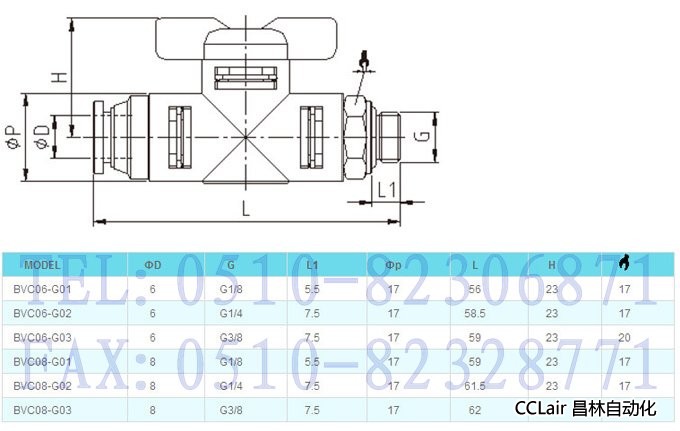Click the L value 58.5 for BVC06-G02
click(476, 313)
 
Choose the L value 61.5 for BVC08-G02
click(476, 385)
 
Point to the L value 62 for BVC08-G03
click(475, 409)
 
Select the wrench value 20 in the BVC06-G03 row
click(625, 337)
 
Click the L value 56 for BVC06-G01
click(476, 289)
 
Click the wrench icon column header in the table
click(625, 264)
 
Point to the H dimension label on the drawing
click(59, 76)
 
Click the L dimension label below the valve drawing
click(246, 208)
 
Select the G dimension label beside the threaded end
click(423, 134)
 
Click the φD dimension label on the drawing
click(40, 136)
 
